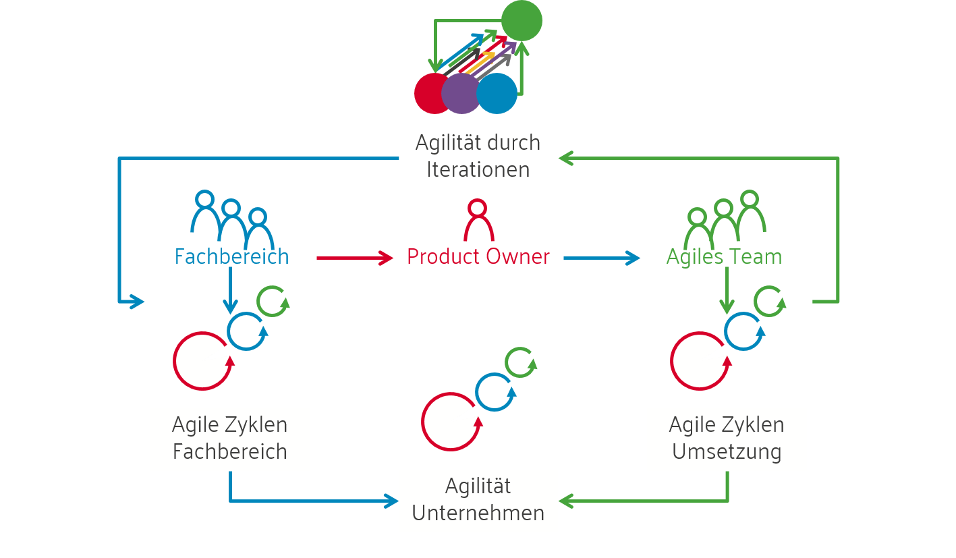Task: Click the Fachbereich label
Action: click(231, 257)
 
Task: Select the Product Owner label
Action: click(478, 257)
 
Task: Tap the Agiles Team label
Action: click(724, 257)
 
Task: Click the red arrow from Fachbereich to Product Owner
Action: click(354, 257)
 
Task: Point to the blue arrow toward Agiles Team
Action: click(601, 257)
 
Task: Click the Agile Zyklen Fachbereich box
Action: click(230, 439)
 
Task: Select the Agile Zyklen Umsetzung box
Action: click(727, 439)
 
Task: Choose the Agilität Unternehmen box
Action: click(478, 500)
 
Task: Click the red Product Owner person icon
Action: click(478, 220)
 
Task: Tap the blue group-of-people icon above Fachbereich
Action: click(232, 219)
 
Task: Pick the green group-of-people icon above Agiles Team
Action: click(724, 219)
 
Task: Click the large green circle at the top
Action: click(522, 20)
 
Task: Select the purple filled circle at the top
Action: click(461, 93)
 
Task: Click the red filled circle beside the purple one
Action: click(432, 93)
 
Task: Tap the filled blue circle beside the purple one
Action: click(498, 93)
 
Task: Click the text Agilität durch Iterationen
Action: click(478, 156)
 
